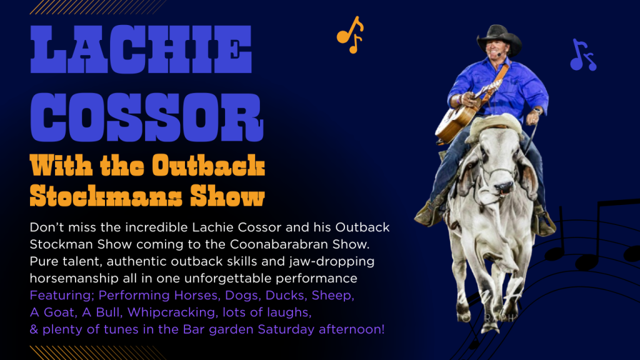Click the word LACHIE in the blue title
pyautogui.click(x=141, y=49)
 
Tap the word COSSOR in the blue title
pyautogui.click(x=147, y=117)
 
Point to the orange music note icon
pyautogui.click(x=350, y=35)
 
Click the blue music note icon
pyautogui.click(x=583, y=55)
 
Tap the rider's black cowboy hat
pyautogui.click(x=499, y=39)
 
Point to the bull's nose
pyautogui.click(x=504, y=187)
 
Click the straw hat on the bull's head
pyautogui.click(x=494, y=125)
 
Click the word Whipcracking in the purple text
pyautogui.click(x=171, y=312)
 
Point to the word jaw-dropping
pyautogui.click(x=331, y=262)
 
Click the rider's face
pyautogui.click(x=496, y=50)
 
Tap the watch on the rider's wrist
pyautogui.click(x=536, y=111)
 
